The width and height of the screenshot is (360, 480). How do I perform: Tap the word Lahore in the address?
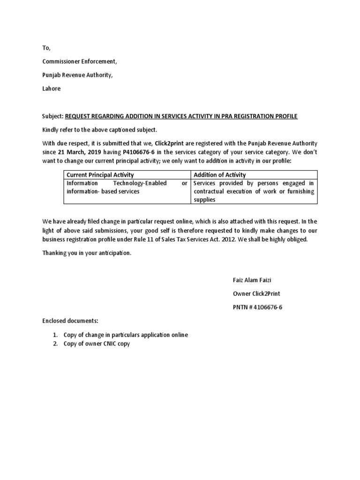click(52, 89)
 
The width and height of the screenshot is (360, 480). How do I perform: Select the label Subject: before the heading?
click(52, 116)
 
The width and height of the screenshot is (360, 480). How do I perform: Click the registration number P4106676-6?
click(139, 152)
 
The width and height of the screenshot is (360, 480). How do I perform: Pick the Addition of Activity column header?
click(219, 175)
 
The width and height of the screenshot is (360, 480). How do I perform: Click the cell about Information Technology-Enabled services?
click(127, 187)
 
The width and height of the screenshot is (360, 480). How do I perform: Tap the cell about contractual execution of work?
click(254, 191)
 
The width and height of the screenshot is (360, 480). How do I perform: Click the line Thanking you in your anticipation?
click(87, 253)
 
